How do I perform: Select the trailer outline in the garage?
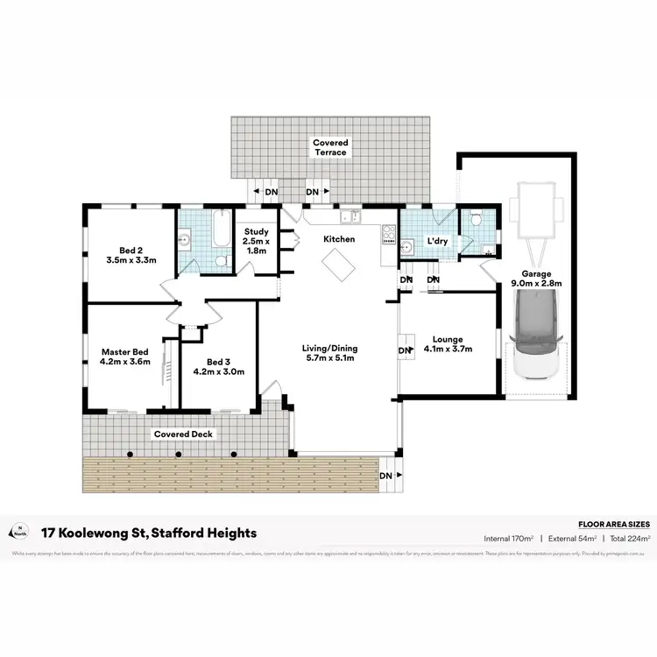click(x=537, y=211)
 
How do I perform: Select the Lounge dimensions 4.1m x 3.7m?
click(x=447, y=350)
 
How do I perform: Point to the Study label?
click(x=258, y=231)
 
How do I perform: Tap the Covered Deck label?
click(x=183, y=434)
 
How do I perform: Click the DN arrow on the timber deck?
click(x=390, y=476)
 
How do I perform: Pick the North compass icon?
click(x=18, y=531)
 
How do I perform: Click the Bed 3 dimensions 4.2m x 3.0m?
click(x=219, y=371)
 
